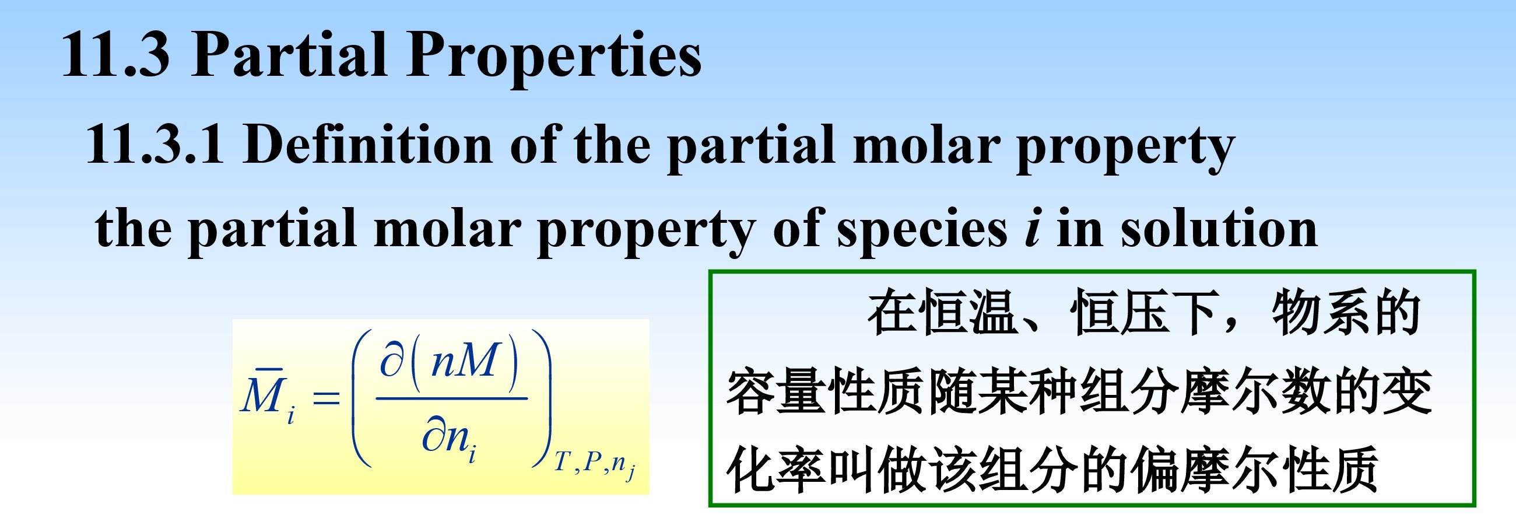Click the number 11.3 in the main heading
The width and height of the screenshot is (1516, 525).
click(115, 55)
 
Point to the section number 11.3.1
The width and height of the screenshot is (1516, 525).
click(155, 144)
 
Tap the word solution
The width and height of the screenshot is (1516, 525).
click(1218, 227)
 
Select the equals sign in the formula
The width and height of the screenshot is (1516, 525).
click(326, 398)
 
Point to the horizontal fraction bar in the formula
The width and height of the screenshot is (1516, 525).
click(451, 398)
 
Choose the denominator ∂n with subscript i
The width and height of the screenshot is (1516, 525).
click(449, 439)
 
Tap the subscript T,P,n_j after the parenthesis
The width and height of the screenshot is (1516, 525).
click(594, 465)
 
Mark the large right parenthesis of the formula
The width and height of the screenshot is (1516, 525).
click(542, 398)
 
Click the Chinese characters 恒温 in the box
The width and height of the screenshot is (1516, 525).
click(968, 312)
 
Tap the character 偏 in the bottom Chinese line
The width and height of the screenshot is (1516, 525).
click(1156, 470)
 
